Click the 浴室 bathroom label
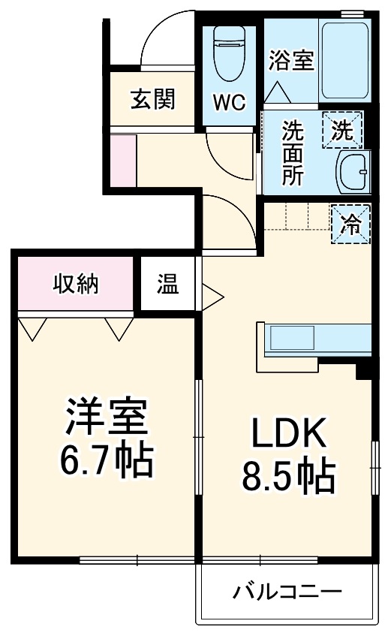(x=290, y=61)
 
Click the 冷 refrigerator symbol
(x=351, y=223)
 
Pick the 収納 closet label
(x=76, y=283)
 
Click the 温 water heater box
(x=168, y=285)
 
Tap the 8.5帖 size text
(x=287, y=475)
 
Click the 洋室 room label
(x=104, y=419)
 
